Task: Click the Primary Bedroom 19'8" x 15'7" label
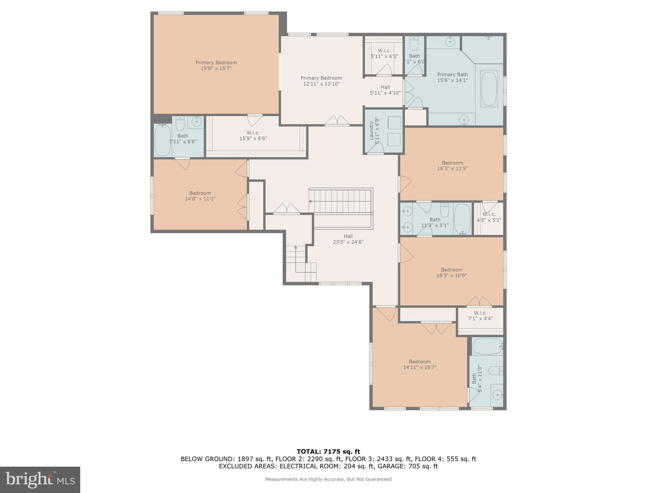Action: (216, 65)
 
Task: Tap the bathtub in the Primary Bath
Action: (489, 89)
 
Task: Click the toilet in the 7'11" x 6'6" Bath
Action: (180, 123)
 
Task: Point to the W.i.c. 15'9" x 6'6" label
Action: (253, 135)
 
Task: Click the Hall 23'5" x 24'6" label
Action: (348, 239)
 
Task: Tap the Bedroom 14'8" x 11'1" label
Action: (200, 196)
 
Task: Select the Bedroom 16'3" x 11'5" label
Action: (452, 166)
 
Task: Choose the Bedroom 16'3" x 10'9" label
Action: (451, 272)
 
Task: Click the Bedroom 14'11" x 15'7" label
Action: (420, 364)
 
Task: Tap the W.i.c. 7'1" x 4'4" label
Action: (480, 316)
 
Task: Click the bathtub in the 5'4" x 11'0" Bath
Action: (487, 346)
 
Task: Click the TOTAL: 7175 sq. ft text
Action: (328, 452)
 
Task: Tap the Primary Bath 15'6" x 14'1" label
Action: (452, 77)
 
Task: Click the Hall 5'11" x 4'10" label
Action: (385, 90)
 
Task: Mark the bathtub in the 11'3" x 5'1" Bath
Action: (462, 219)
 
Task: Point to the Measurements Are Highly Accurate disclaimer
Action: (328, 479)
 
